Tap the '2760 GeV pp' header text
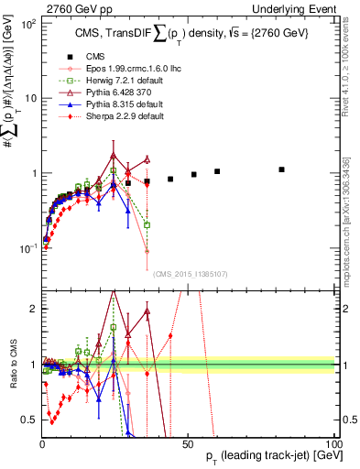click(74, 7)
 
